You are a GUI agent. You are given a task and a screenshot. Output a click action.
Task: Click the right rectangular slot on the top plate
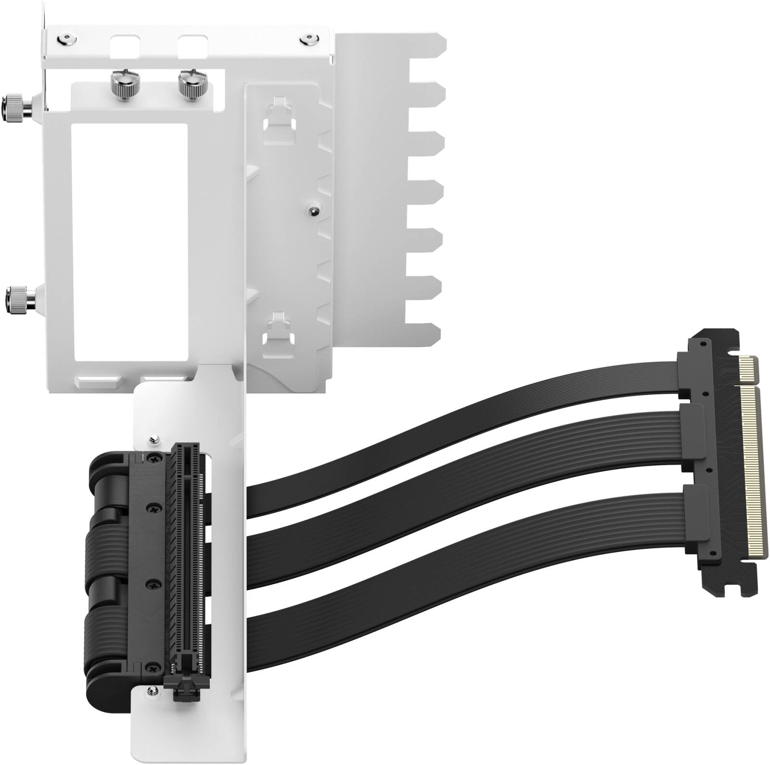click(x=192, y=45)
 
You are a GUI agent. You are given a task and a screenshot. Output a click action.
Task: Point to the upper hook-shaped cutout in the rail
click(x=280, y=115)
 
